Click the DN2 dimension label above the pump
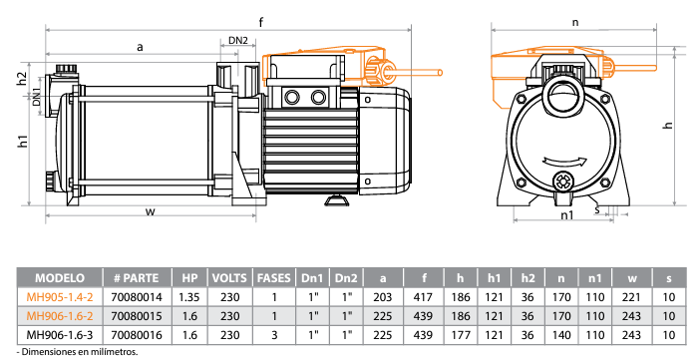tap(238, 40)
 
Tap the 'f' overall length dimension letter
tap(261, 22)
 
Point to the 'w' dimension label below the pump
tap(151, 211)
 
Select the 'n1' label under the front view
tap(567, 215)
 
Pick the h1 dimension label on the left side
tap(23, 142)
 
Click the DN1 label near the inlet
tap(37, 97)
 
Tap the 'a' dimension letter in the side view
tap(140, 47)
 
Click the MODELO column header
tap(60, 278)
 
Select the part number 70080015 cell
tap(138, 316)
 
